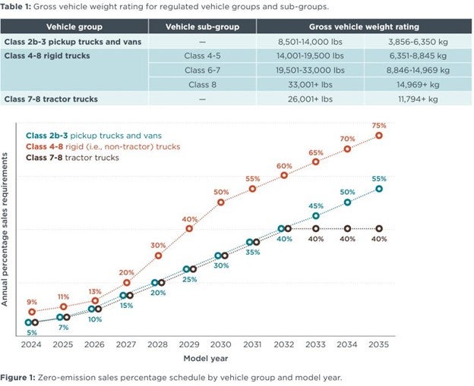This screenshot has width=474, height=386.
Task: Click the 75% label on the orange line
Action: (x=379, y=125)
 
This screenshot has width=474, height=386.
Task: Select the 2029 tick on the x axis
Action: (x=190, y=344)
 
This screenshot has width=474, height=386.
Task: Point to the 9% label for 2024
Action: (x=32, y=302)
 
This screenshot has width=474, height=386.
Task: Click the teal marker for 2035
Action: (x=379, y=189)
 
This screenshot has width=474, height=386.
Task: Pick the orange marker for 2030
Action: (x=221, y=202)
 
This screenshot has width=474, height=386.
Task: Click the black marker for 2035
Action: (x=379, y=228)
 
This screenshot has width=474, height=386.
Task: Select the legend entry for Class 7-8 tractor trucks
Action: (x=73, y=157)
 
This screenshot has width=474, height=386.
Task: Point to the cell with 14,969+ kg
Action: (x=416, y=84)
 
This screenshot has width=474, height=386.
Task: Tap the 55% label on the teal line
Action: (x=379, y=178)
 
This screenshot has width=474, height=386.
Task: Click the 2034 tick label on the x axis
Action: (x=347, y=344)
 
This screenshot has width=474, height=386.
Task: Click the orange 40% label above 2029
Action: (x=190, y=219)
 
